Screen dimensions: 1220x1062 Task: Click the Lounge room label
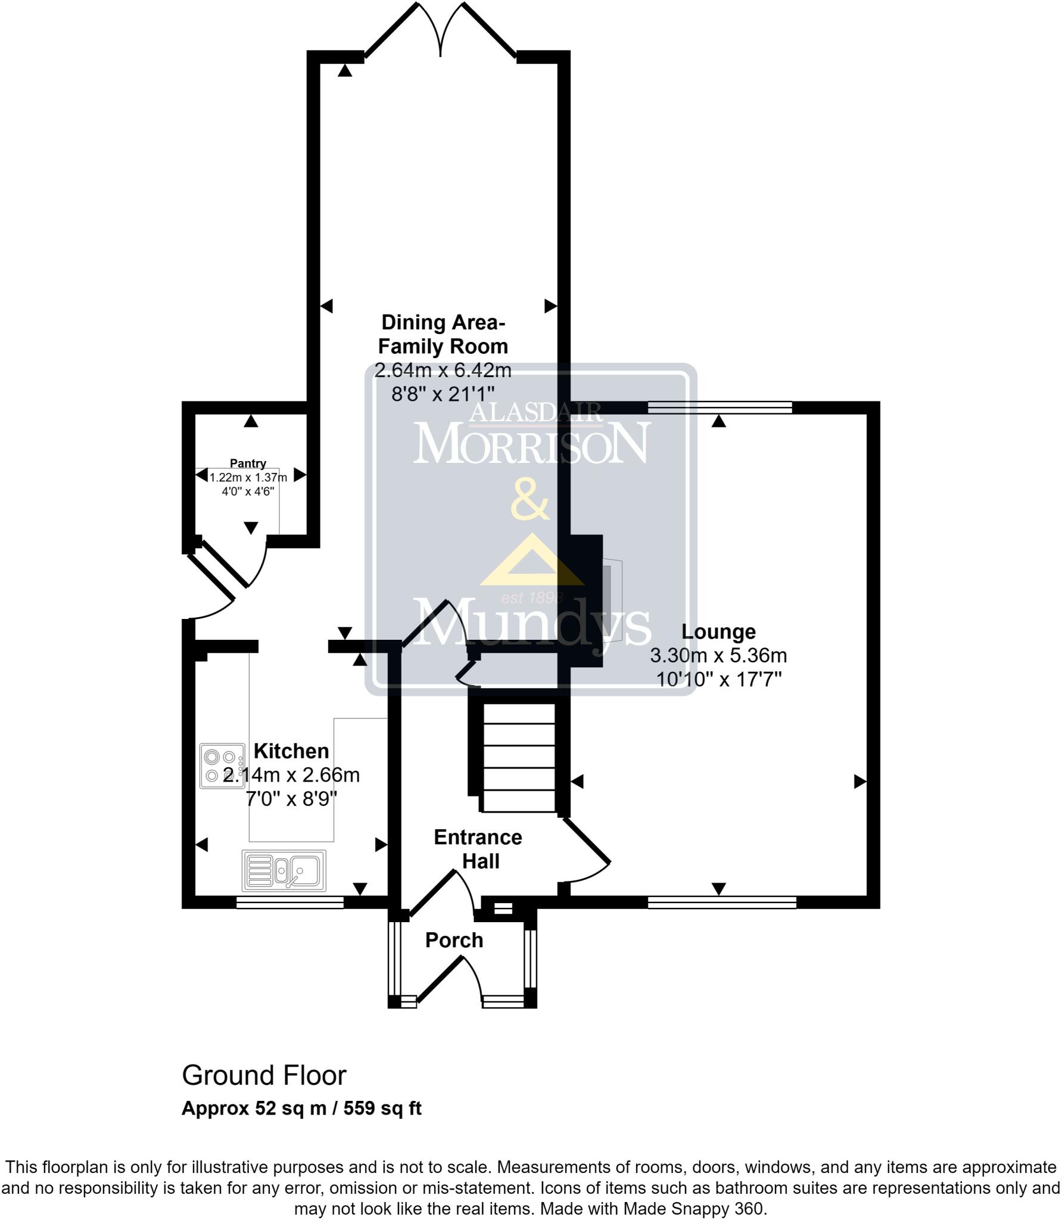[x=718, y=631]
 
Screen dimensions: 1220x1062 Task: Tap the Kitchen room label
[x=291, y=751]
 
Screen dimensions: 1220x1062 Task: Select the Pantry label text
[x=248, y=463]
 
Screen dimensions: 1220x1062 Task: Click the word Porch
[x=454, y=940]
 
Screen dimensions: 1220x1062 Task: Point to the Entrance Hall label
[x=478, y=849]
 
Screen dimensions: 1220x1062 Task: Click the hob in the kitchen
[x=222, y=766]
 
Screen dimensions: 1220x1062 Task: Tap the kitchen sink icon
[x=284, y=870]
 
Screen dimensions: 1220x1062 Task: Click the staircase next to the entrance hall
[x=519, y=757]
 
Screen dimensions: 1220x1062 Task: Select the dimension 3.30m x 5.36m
[x=718, y=656]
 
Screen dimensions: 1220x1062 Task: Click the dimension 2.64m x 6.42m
[x=443, y=370]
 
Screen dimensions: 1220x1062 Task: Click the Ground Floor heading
[x=264, y=1075]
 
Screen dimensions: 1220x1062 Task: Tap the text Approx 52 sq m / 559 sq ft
[x=301, y=1108]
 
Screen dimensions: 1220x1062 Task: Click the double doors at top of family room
[x=441, y=30]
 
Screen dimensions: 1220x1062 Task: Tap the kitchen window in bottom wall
[x=290, y=903]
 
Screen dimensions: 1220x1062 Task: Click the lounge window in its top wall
[x=720, y=407]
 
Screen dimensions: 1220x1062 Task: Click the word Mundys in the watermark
[x=532, y=623]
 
